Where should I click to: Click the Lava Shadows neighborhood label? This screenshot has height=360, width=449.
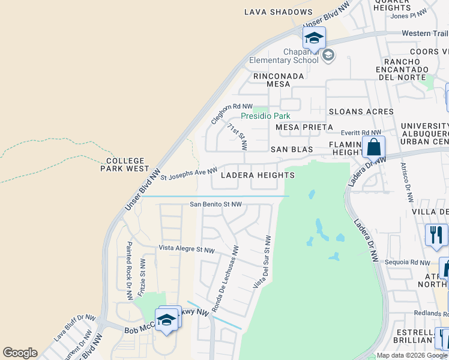coord(279,12)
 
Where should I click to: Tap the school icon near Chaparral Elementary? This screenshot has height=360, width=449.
coord(314,38)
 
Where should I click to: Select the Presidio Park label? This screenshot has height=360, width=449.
coord(265,116)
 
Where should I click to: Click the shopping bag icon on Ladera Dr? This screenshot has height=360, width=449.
coord(373,146)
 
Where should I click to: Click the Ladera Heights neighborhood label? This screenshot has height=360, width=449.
coord(258,175)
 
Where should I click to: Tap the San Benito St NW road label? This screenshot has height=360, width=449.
coord(215,204)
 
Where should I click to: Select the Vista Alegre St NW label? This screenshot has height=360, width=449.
coord(187,250)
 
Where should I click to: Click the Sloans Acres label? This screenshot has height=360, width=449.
coord(361,112)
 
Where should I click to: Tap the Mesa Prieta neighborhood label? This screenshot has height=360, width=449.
coord(304,127)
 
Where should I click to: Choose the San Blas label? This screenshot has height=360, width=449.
coord(293,149)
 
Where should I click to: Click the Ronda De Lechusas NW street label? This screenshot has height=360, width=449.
coord(226,273)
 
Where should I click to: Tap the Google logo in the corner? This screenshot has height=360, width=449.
coord(20,353)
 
